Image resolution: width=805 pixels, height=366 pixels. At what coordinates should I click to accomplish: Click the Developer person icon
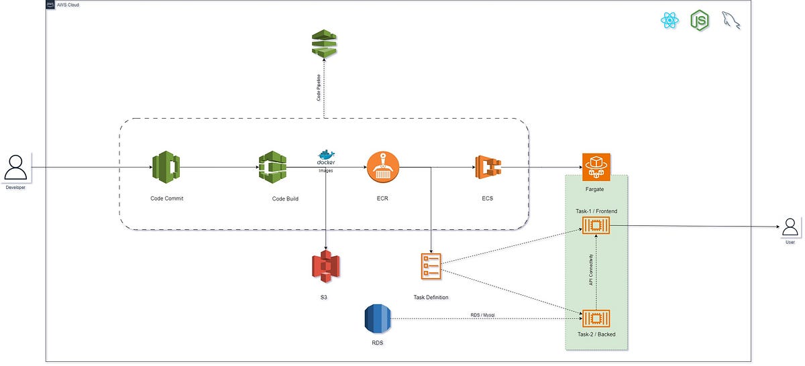pos(15,167)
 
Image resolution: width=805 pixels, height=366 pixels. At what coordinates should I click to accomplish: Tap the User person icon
pos(791,226)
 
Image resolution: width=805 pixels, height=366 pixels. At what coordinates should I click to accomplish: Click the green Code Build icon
pos(272,168)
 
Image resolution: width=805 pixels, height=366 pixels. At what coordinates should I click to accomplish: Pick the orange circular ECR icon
pos(383,168)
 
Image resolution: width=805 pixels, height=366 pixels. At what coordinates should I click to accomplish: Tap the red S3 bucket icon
pos(326,267)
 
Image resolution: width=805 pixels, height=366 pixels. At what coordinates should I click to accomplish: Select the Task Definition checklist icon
pos(431,266)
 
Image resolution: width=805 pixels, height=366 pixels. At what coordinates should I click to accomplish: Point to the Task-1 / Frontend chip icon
pos(595,227)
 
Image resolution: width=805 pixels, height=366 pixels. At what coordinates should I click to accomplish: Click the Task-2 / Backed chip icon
pos(595,318)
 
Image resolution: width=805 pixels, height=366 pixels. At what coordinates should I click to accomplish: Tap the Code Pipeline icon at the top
pos(325,44)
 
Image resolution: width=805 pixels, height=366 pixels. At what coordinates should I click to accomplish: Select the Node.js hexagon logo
pos(700,21)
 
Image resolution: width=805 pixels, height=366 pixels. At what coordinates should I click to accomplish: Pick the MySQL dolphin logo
pos(731,21)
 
